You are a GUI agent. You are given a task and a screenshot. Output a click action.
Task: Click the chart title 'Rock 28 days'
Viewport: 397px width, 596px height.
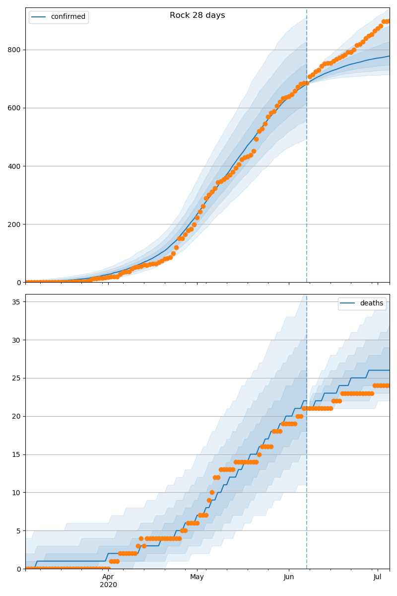point(197,15)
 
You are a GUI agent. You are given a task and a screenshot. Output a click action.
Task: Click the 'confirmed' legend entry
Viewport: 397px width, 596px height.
point(68,17)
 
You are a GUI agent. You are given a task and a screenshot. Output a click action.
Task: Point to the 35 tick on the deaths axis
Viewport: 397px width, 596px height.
point(17,302)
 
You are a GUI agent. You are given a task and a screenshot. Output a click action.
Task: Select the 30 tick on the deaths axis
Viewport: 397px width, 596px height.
point(17,340)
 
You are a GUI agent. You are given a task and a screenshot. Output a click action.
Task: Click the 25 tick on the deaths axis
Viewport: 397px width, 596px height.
point(17,378)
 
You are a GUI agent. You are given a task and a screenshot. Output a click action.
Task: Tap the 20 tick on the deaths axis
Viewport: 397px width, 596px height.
point(17,416)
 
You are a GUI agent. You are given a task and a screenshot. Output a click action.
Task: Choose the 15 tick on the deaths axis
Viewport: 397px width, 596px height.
point(17,454)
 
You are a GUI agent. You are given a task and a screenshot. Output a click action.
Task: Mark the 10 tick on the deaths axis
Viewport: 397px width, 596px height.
point(17,493)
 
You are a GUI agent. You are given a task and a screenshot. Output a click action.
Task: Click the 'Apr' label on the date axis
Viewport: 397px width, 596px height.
point(108,577)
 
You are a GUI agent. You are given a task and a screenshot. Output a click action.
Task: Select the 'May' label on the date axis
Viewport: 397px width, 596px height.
point(197,577)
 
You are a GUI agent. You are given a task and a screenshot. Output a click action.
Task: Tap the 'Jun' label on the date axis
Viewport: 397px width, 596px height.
point(289,577)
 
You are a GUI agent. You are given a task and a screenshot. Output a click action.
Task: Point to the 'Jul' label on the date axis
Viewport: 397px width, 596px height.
point(378,577)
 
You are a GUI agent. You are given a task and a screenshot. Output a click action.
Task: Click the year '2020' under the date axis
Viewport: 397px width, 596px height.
point(108,585)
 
